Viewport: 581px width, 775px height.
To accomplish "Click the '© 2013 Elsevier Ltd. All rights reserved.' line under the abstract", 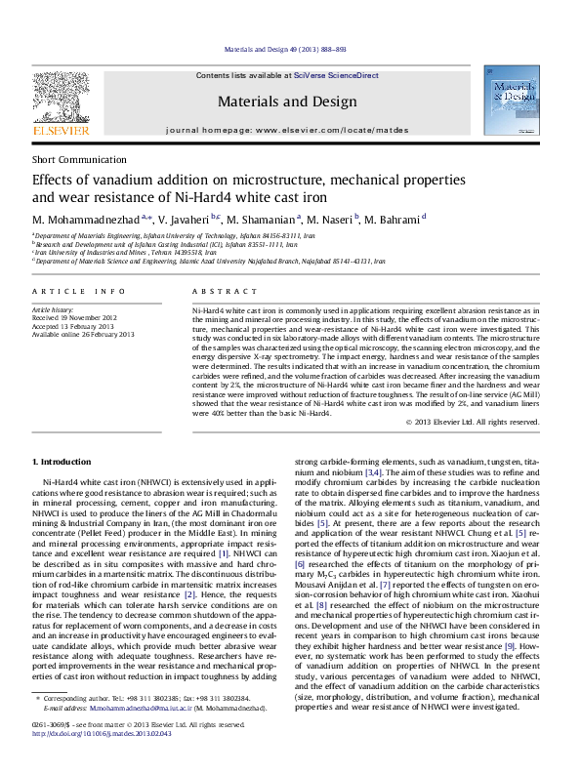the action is [x=471, y=421].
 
